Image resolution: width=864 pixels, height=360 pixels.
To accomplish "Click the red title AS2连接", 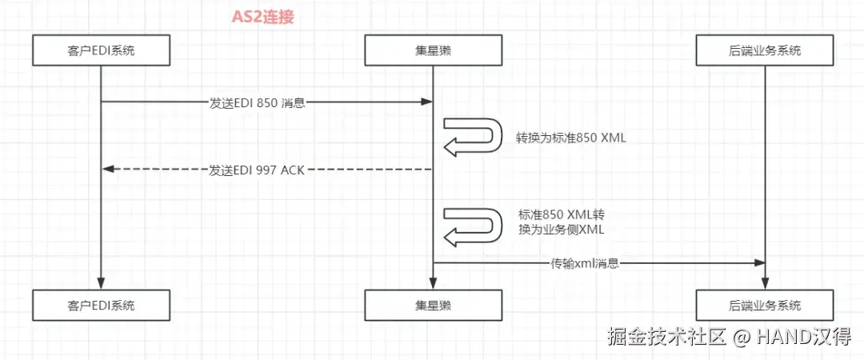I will tap(262, 17).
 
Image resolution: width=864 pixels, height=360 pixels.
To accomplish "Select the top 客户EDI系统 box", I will tap(102, 51).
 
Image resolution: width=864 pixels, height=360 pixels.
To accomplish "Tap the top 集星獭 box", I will tap(433, 51).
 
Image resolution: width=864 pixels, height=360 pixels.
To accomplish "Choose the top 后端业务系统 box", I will tap(765, 51).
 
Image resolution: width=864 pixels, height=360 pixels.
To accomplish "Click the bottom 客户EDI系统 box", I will tap(102, 305).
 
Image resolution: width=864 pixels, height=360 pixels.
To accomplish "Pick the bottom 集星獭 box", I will tap(433, 305).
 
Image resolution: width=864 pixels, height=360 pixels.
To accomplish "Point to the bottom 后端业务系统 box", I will tap(765, 305).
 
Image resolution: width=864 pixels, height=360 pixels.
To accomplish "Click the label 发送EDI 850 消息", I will tap(258, 102).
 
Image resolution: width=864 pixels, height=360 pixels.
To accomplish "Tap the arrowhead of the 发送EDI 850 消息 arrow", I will tap(427, 102).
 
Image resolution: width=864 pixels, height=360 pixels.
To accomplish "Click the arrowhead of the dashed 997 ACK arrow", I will tap(109, 169).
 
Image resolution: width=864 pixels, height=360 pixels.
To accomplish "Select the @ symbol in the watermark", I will tap(742, 338).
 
